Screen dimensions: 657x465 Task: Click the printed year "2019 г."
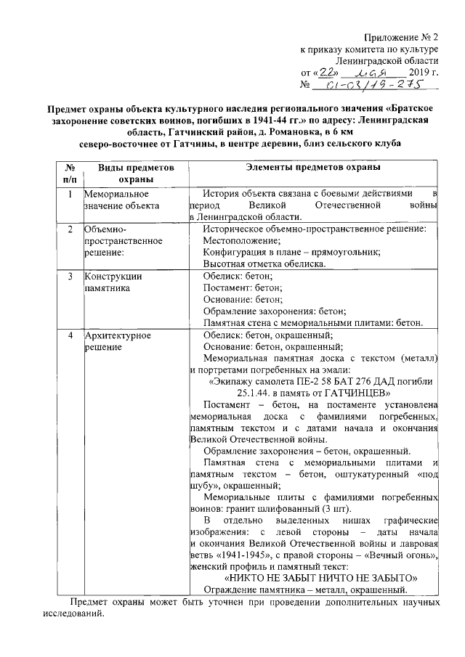tap(424, 73)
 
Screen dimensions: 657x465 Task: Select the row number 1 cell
tap(69, 195)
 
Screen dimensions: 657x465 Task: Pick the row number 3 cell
tap(69, 276)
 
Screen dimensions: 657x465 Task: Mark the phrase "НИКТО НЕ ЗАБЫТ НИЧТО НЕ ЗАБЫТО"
tap(320, 578)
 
